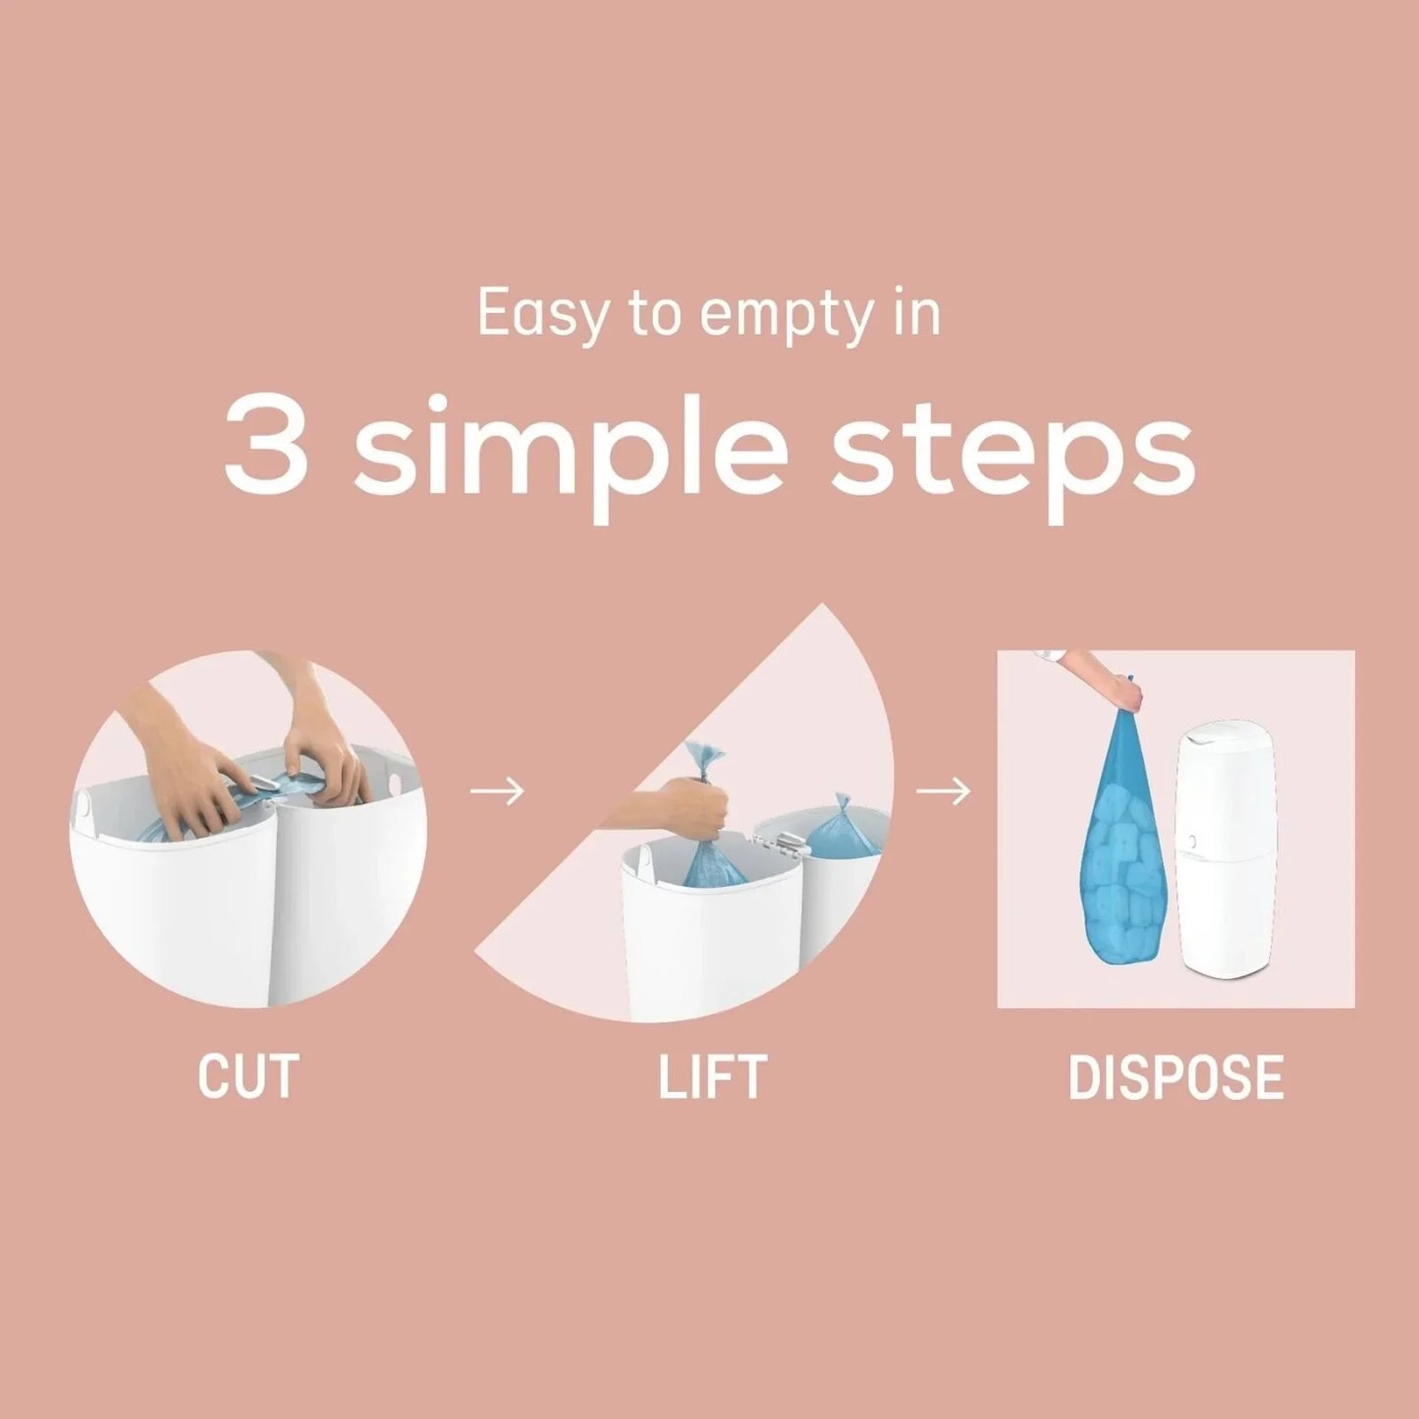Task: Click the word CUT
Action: pyautogui.click(x=247, y=1076)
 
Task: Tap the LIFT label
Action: pyautogui.click(x=712, y=1076)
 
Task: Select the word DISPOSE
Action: pyautogui.click(x=1175, y=1076)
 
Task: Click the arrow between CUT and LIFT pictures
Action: pyautogui.click(x=497, y=791)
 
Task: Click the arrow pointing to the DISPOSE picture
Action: pyautogui.click(x=943, y=791)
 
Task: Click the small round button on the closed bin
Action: pyautogui.click(x=1187, y=842)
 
